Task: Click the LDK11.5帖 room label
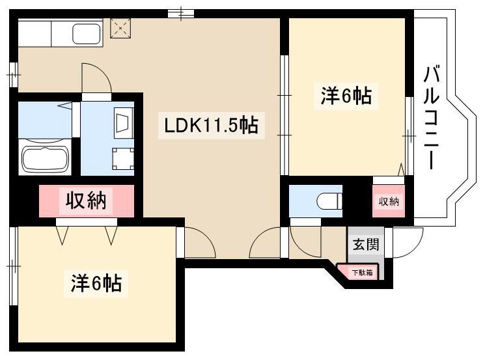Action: pyautogui.click(x=212, y=125)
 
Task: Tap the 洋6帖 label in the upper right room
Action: pyautogui.click(x=346, y=96)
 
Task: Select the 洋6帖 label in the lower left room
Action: pyautogui.click(x=96, y=283)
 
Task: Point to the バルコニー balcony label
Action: pyautogui.click(x=432, y=118)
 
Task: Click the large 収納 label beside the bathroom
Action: pyautogui.click(x=86, y=201)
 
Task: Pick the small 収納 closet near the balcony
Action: pyautogui.click(x=389, y=201)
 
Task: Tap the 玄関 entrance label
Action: pyautogui.click(x=366, y=244)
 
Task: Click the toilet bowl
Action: pyautogui.click(x=329, y=201)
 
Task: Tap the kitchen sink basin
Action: pyautogui.click(x=87, y=34)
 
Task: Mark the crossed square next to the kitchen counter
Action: pyautogui.click(x=120, y=28)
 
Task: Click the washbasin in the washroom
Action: pyautogui.click(x=124, y=122)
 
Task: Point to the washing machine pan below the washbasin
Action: pyautogui.click(x=123, y=159)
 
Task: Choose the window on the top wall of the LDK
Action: pyautogui.click(x=181, y=14)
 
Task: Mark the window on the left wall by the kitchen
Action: pyautogui.click(x=14, y=75)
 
